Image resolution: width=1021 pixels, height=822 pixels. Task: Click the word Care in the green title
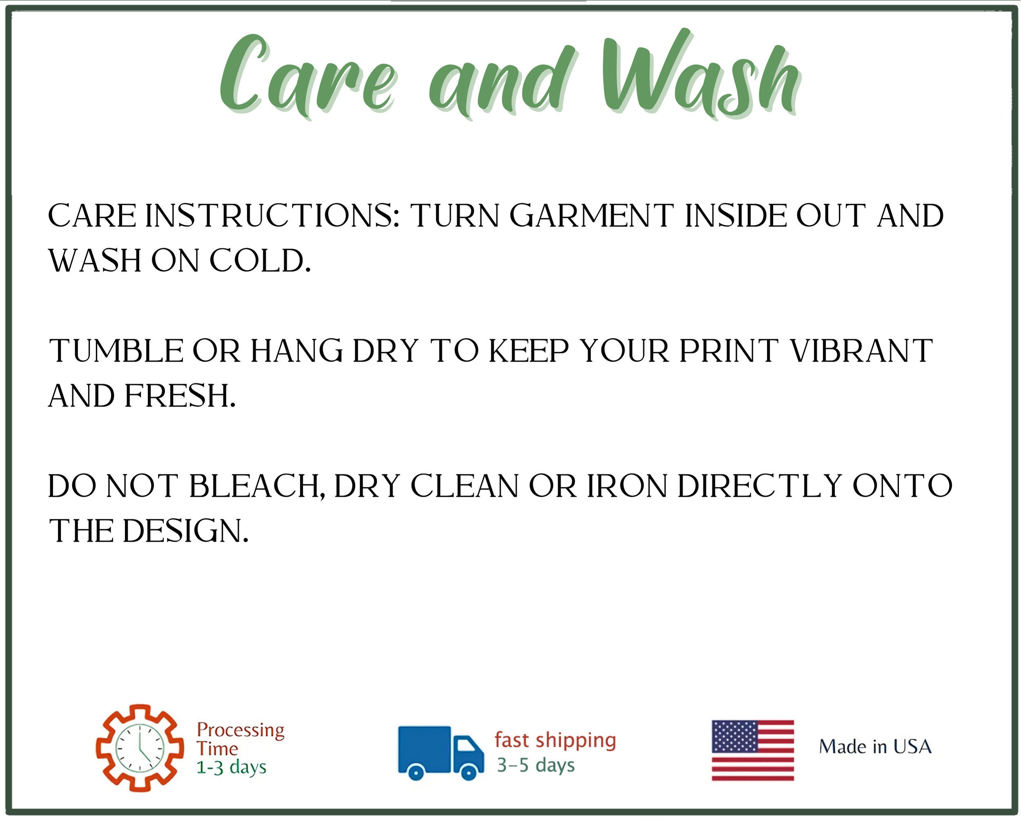point(307,76)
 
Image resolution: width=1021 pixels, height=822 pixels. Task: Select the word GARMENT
point(591,216)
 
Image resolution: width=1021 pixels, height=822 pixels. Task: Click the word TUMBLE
point(116,351)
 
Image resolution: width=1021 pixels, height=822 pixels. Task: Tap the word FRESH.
point(180,396)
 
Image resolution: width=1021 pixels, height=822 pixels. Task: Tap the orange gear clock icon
point(140,748)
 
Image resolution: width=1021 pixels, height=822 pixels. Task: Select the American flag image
point(753,751)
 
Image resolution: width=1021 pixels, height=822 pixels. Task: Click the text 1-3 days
point(232,768)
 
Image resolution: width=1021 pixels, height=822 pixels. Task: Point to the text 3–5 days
point(535,765)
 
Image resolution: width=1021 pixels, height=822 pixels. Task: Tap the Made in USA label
point(875,747)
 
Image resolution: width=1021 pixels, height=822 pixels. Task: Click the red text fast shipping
point(555,741)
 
